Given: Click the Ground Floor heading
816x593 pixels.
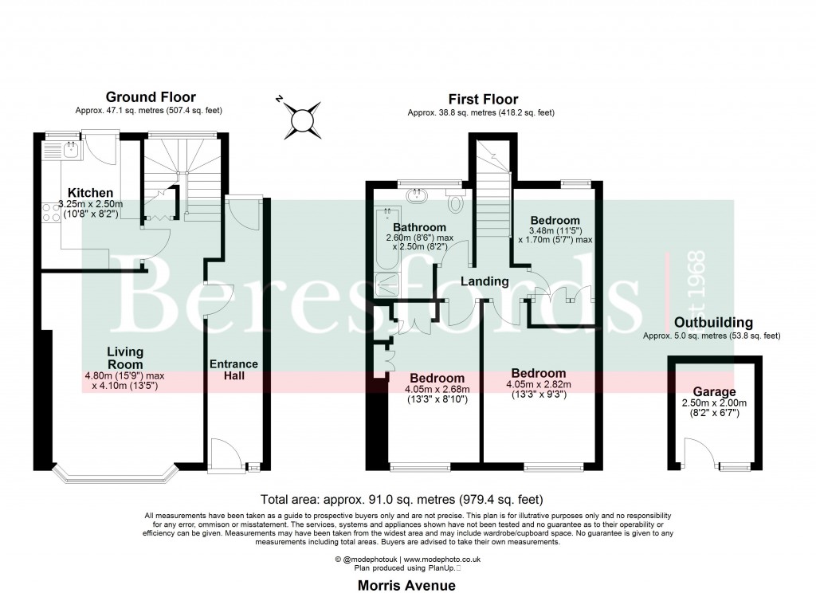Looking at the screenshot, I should [151, 97].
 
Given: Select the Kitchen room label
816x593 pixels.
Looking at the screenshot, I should [89, 193].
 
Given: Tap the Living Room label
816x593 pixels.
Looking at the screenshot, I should [125, 358].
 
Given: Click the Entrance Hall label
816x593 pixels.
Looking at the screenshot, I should [233, 370].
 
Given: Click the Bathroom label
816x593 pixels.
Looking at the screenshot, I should [419, 227].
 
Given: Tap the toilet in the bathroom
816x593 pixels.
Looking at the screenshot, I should [456, 202].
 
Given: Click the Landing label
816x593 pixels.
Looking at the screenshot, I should [484, 281].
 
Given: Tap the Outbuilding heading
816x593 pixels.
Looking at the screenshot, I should [713, 323].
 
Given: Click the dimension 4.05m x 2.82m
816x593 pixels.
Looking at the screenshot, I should [539, 386].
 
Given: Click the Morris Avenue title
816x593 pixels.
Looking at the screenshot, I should [407, 585].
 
